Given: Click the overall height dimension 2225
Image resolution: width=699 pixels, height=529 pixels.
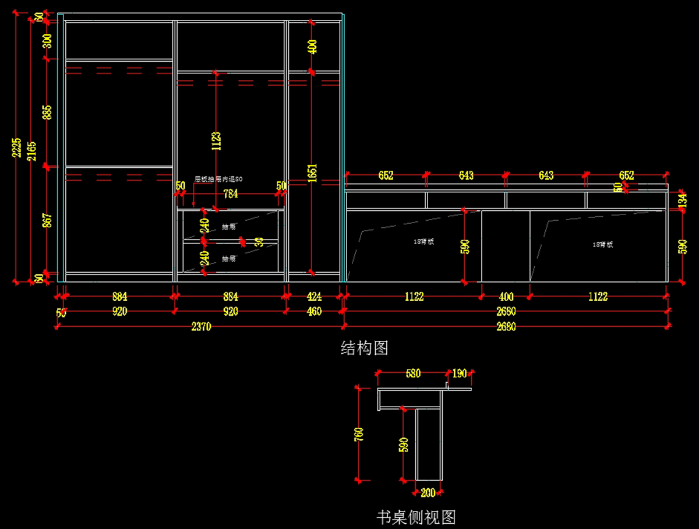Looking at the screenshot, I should (x=17, y=147).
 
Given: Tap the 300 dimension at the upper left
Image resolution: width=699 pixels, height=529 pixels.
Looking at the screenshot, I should (x=48, y=40).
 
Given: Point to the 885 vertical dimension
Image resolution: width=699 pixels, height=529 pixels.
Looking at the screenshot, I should (x=48, y=112).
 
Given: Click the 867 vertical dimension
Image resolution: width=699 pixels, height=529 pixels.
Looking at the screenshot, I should (x=48, y=220).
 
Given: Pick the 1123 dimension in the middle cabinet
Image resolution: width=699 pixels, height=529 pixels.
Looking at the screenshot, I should (x=216, y=140).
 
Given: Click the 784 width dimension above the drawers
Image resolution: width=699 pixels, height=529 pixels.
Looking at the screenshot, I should (x=231, y=194).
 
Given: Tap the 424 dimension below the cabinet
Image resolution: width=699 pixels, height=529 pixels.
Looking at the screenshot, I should (x=314, y=297).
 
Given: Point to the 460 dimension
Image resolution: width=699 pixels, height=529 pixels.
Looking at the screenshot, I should (x=314, y=311).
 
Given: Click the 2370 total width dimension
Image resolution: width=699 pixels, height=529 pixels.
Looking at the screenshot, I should (x=201, y=327).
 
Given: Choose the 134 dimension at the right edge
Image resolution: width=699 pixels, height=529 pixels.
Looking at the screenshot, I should (x=683, y=199).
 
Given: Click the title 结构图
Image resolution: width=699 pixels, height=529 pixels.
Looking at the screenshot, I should (x=364, y=348).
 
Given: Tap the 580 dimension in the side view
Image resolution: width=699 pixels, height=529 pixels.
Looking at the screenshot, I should (x=412, y=373).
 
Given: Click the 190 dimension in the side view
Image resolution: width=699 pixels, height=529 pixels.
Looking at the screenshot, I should (x=460, y=373).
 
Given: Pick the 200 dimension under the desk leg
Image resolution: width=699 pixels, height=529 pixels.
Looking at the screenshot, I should (x=428, y=493).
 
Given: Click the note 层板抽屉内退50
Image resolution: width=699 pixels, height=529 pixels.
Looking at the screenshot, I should (x=218, y=179).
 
